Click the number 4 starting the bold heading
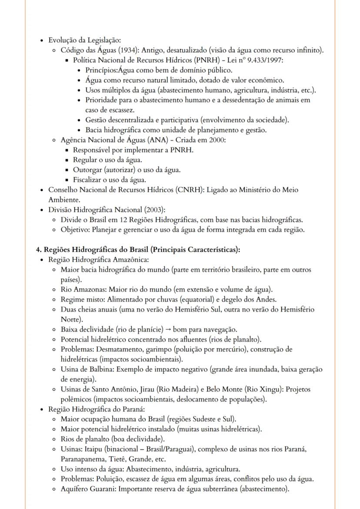point(38,250)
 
